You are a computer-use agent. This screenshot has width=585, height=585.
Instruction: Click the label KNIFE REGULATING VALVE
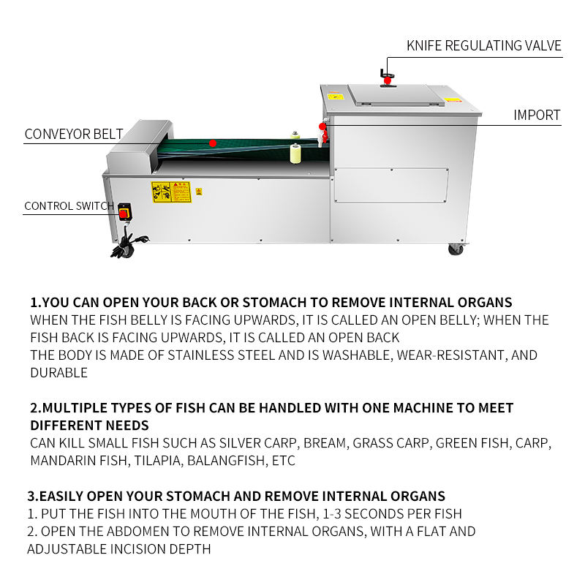tap(483, 45)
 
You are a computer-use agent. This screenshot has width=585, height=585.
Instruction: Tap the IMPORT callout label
tap(536, 115)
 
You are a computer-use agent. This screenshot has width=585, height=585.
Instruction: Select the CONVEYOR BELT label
tap(73, 134)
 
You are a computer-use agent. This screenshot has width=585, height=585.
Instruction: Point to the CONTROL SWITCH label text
tap(69, 205)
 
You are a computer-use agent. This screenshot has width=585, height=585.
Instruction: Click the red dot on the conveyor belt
tap(213, 143)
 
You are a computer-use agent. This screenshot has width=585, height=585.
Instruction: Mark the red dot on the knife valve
tap(387, 80)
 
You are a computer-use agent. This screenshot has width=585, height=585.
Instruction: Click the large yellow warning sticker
tap(170, 192)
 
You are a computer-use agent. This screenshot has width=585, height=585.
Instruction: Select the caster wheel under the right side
tap(456, 249)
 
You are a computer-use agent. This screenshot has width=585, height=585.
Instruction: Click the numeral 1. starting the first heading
tap(36, 302)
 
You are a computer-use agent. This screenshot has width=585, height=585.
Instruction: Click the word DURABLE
tap(58, 372)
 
